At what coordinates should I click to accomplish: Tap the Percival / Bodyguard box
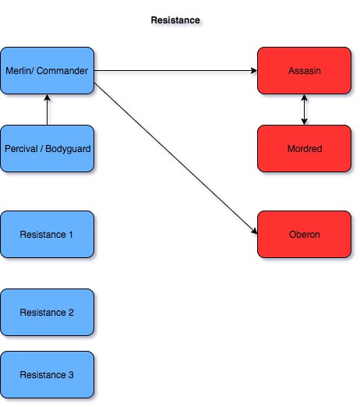point(47,148)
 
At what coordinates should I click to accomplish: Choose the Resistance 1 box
point(47,234)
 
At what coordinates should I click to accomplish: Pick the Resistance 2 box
point(47,312)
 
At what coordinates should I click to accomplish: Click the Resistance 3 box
point(47,374)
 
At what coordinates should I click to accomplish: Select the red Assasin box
point(304,70)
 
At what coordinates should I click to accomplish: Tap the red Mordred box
point(304,148)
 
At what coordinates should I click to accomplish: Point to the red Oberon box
point(304,234)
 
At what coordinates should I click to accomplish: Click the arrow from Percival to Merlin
point(48,111)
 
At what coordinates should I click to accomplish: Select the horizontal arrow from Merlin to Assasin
point(175,71)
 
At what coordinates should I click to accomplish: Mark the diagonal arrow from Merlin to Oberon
point(175,152)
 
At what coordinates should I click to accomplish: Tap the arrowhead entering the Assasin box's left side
point(253,71)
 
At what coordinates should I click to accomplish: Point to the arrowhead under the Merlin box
point(48,98)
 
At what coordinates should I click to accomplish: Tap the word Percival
point(21,148)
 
